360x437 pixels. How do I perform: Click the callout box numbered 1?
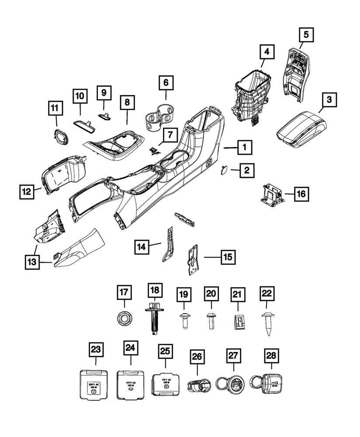pos(245,148)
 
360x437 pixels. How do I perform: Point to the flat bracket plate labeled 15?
pos(192,260)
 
